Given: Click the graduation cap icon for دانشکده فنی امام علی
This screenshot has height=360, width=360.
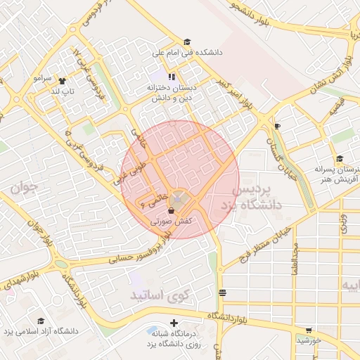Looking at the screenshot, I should [x=186, y=41].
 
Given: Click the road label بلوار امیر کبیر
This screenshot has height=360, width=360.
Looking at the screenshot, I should [x=234, y=94].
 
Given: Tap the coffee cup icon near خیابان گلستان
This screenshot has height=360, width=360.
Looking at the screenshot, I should [x=277, y=126].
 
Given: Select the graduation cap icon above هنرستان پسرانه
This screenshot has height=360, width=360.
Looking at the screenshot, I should [x=340, y=159].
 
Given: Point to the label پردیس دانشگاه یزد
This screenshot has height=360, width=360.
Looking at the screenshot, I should [x=255, y=198].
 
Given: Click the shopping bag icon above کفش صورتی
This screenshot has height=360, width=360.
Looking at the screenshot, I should [x=172, y=210].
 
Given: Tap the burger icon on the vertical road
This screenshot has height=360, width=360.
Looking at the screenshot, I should [x=222, y=292].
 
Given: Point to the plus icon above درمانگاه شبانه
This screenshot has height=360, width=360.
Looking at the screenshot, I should [x=174, y=323].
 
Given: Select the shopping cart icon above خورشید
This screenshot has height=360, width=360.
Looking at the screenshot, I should [x=309, y=330].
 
